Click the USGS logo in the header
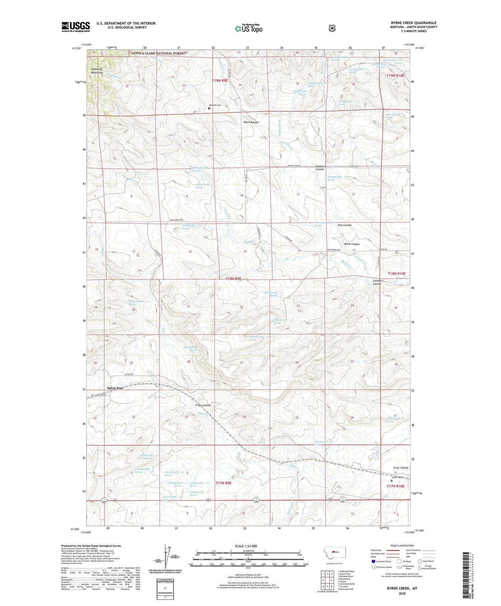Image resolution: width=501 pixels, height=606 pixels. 75,27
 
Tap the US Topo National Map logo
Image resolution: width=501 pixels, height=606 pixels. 248,28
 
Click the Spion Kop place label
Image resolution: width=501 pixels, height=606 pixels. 115,388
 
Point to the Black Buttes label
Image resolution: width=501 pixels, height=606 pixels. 251,122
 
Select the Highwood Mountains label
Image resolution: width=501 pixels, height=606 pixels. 97,71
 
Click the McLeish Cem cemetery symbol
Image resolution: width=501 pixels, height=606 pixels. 209,108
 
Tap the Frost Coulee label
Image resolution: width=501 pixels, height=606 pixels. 203,405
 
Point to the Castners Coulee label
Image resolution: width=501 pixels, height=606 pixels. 378,282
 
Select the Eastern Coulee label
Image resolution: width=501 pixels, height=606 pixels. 320,168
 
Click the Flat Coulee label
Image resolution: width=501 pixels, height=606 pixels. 344,225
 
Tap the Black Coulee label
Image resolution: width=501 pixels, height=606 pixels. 352,244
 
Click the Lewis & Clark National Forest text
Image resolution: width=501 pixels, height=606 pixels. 157,53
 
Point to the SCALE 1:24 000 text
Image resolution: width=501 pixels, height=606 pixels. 246,546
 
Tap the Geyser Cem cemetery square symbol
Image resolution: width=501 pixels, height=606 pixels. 392,481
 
